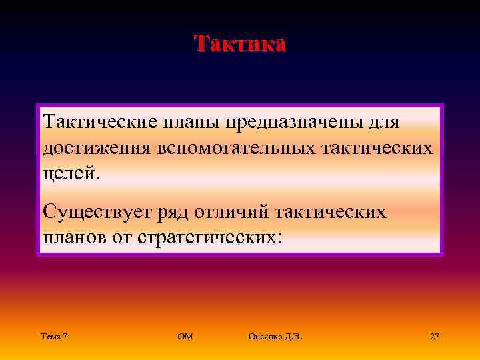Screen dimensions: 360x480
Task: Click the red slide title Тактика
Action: pos(240,43)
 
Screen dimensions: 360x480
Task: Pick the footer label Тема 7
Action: pos(53,337)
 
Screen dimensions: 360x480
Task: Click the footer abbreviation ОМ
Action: pos(185,337)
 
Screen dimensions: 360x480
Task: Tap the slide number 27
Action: pos(435,337)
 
